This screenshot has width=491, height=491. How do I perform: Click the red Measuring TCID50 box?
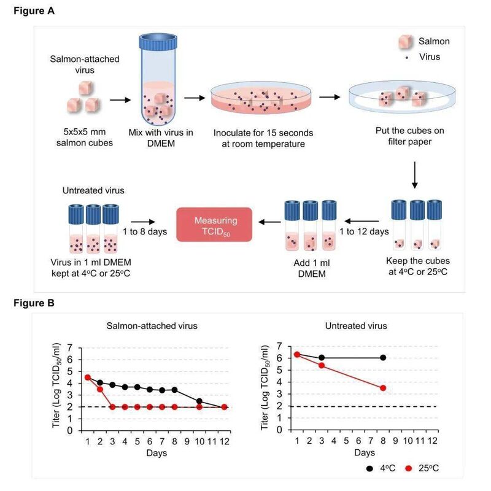tap(214, 224)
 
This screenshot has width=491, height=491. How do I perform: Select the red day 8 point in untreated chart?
tap(383, 388)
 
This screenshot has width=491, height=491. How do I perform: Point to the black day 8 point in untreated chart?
tap(383, 358)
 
